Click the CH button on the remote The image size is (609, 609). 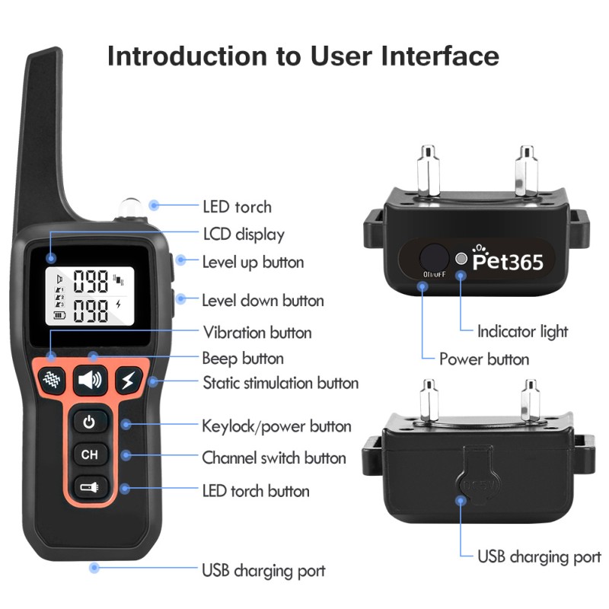[90, 454]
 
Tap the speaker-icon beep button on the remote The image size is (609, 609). [90, 378]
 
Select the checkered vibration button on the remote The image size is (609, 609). [51, 378]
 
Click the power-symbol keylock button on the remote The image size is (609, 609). [90, 422]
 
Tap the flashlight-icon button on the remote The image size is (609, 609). [90, 486]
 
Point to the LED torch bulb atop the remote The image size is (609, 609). [127, 208]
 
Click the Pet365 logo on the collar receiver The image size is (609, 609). [508, 261]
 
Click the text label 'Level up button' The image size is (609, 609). [253, 262]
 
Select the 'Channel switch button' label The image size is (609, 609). [273, 458]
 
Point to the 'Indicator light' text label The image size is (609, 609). [522, 331]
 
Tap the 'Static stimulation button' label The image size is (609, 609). [280, 382]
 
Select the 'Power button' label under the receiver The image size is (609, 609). [484, 359]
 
